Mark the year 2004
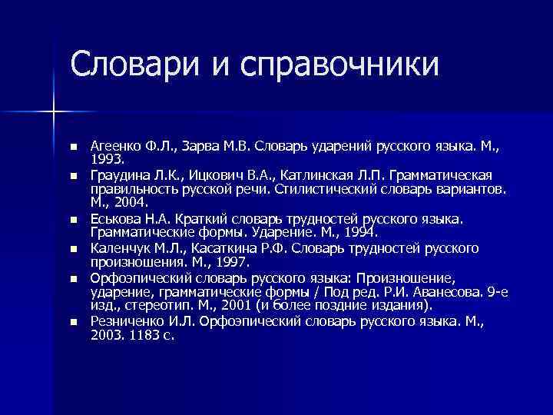pos(127,201)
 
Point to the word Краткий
pos(202,219)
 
